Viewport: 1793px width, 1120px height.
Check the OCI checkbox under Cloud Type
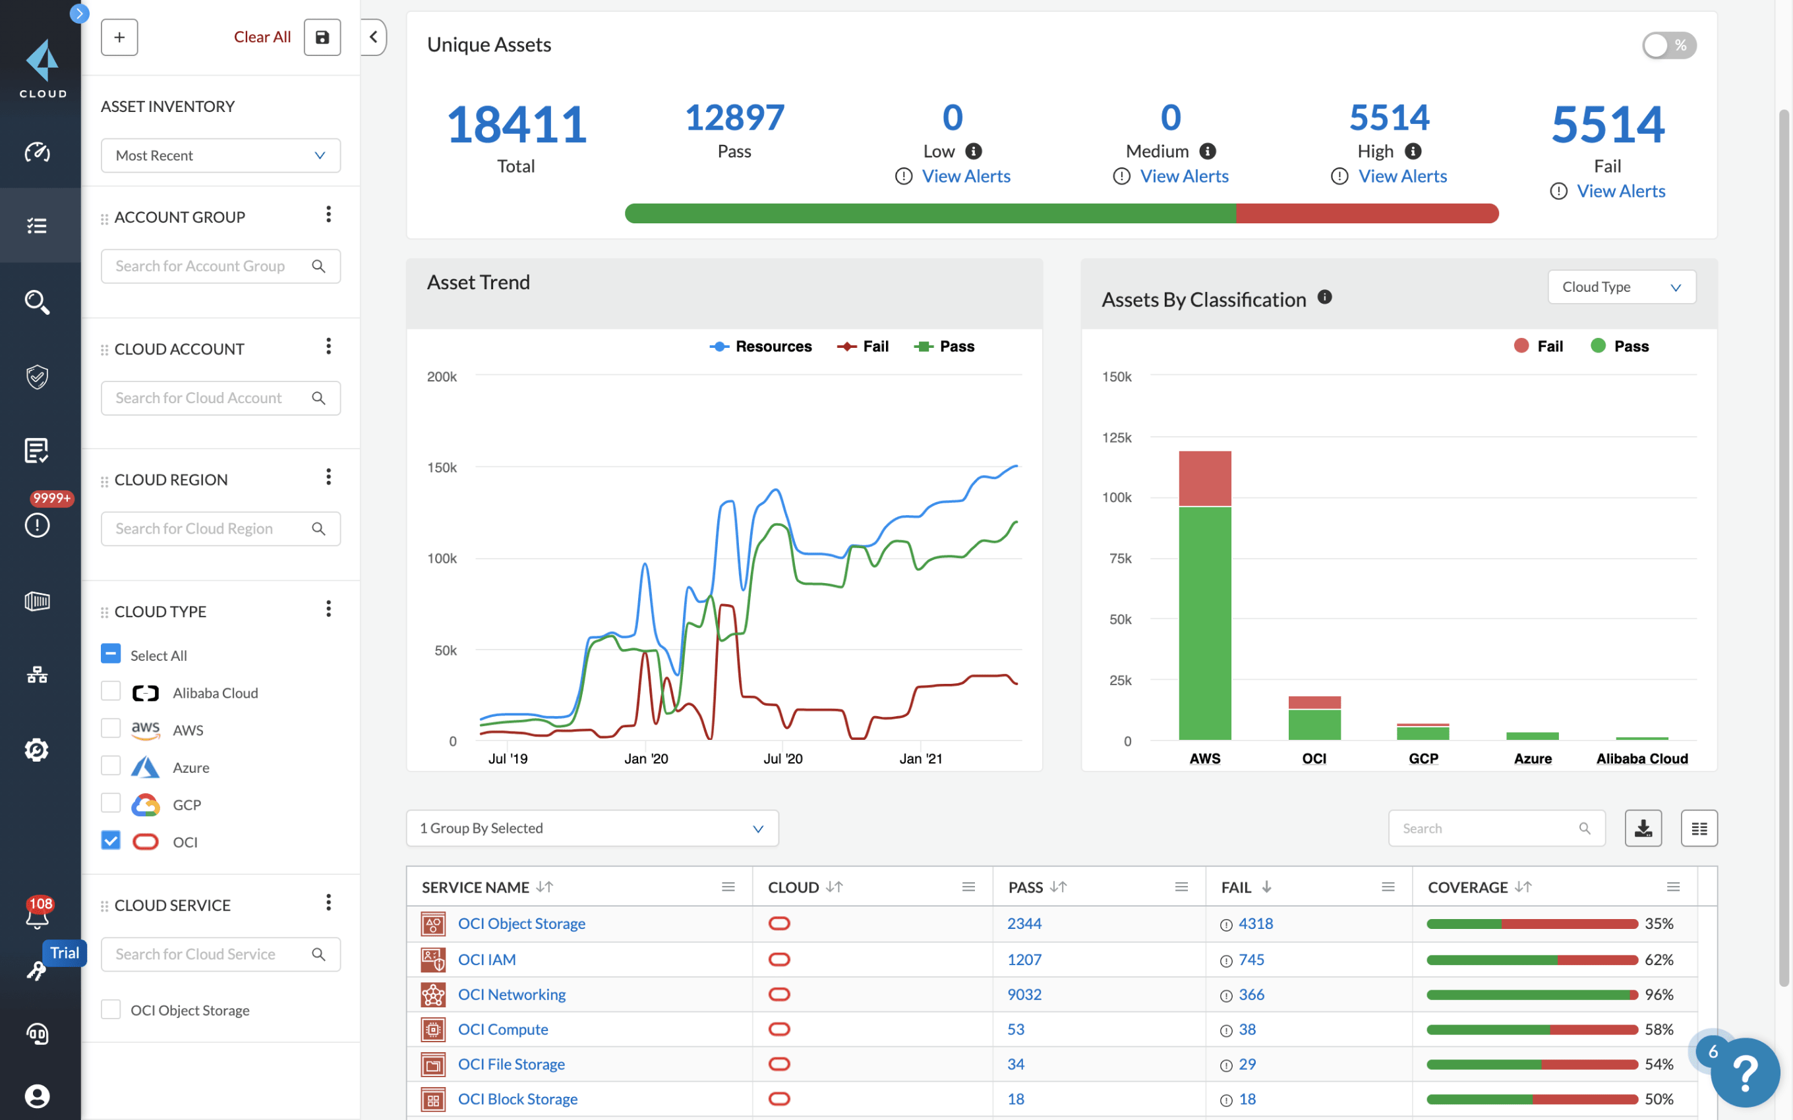click(110, 841)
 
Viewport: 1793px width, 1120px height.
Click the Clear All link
click(262, 37)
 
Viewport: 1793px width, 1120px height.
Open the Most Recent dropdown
click(220, 155)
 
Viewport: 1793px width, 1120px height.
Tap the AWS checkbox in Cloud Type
click(110, 729)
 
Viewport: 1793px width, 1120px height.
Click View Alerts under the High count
click(1402, 177)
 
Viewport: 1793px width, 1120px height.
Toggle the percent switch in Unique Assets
click(1668, 45)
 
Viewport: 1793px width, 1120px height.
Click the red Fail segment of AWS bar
click(1205, 478)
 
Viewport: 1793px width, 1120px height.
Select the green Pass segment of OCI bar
click(1314, 725)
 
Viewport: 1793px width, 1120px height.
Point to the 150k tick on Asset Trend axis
click(442, 467)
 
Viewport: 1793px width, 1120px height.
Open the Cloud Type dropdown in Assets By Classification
click(1621, 287)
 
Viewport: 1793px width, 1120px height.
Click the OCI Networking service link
click(512, 994)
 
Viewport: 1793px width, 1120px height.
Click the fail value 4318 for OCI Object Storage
click(1255, 924)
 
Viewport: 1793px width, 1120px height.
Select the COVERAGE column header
click(1467, 887)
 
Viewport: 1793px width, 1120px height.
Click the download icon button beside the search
click(1643, 828)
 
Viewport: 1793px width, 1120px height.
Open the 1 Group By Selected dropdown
click(592, 828)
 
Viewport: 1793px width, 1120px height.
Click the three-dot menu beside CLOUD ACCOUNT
click(328, 347)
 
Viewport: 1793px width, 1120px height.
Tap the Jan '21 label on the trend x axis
click(920, 758)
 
